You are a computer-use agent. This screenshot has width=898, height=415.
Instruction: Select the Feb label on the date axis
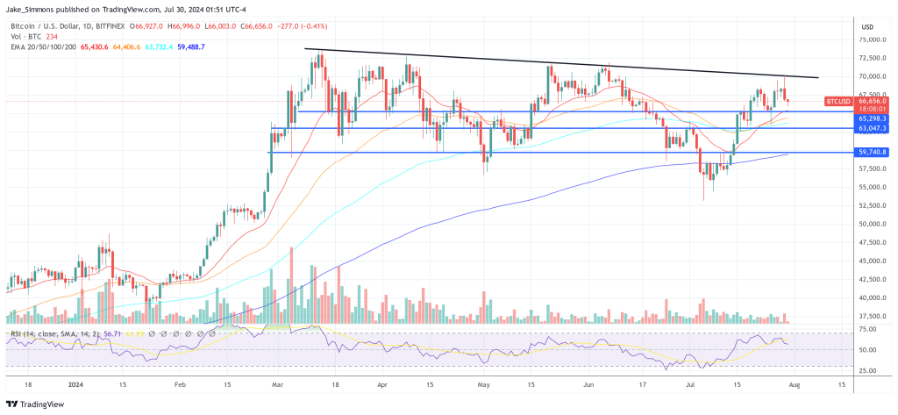coord(181,383)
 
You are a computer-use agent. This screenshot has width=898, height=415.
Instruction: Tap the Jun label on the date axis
coord(588,383)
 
